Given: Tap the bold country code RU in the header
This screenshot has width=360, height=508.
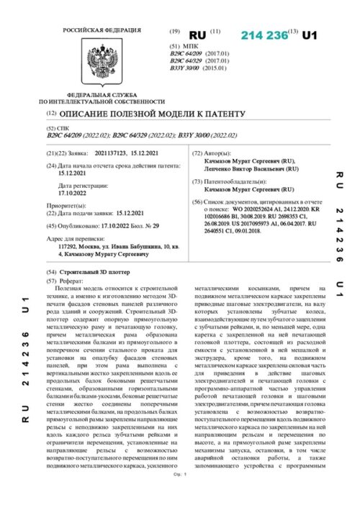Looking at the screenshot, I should pos(197,35).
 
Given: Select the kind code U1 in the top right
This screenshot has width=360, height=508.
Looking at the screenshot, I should pos(309,35).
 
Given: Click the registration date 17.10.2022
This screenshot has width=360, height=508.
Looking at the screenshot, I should pos(72,193).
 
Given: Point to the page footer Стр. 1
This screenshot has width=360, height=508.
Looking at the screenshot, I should pos(180,496).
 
